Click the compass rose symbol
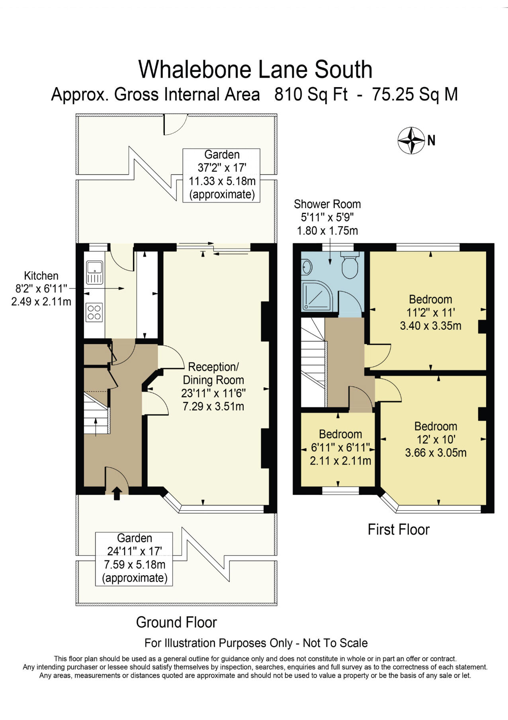point(411,140)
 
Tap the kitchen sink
point(94,272)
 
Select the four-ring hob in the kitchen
point(94,312)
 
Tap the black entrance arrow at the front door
point(117,493)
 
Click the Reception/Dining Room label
point(213,373)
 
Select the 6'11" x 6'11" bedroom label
point(340,448)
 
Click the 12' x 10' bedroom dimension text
point(436,439)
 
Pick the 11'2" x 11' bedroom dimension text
point(430,312)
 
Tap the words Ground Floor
point(176,622)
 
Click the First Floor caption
point(399,529)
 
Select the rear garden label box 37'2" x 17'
point(221,175)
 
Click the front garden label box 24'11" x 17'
point(134,558)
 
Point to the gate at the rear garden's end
point(176,123)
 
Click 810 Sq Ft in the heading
point(311,95)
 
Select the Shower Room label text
point(327,204)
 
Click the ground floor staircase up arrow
point(96,428)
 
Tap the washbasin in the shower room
point(306,267)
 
